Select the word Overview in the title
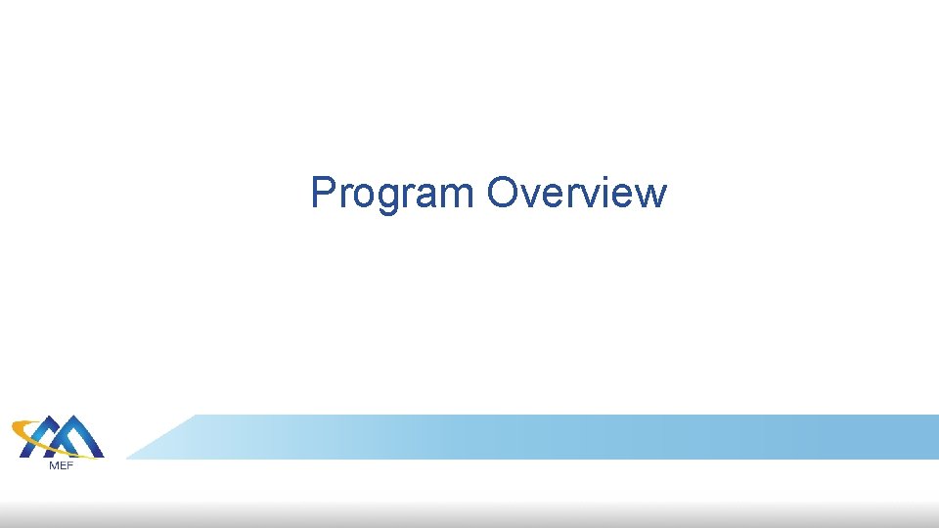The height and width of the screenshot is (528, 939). coord(577,194)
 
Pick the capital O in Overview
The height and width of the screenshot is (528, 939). coord(503,193)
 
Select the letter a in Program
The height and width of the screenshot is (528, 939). coord(426,196)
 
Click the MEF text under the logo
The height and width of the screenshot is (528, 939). coord(61,464)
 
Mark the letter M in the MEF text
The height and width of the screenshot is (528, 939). coord(53,464)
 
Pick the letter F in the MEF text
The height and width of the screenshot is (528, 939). coord(69,464)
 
